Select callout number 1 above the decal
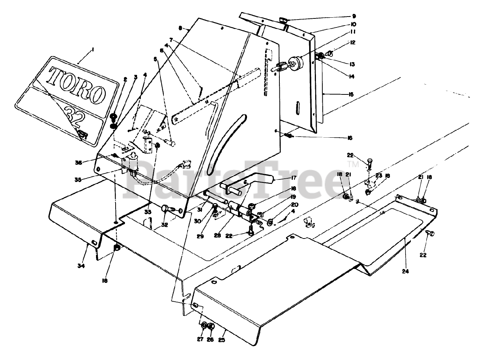click(x=93, y=50)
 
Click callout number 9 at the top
click(x=354, y=17)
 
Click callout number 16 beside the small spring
click(x=350, y=138)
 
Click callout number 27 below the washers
click(x=200, y=339)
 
